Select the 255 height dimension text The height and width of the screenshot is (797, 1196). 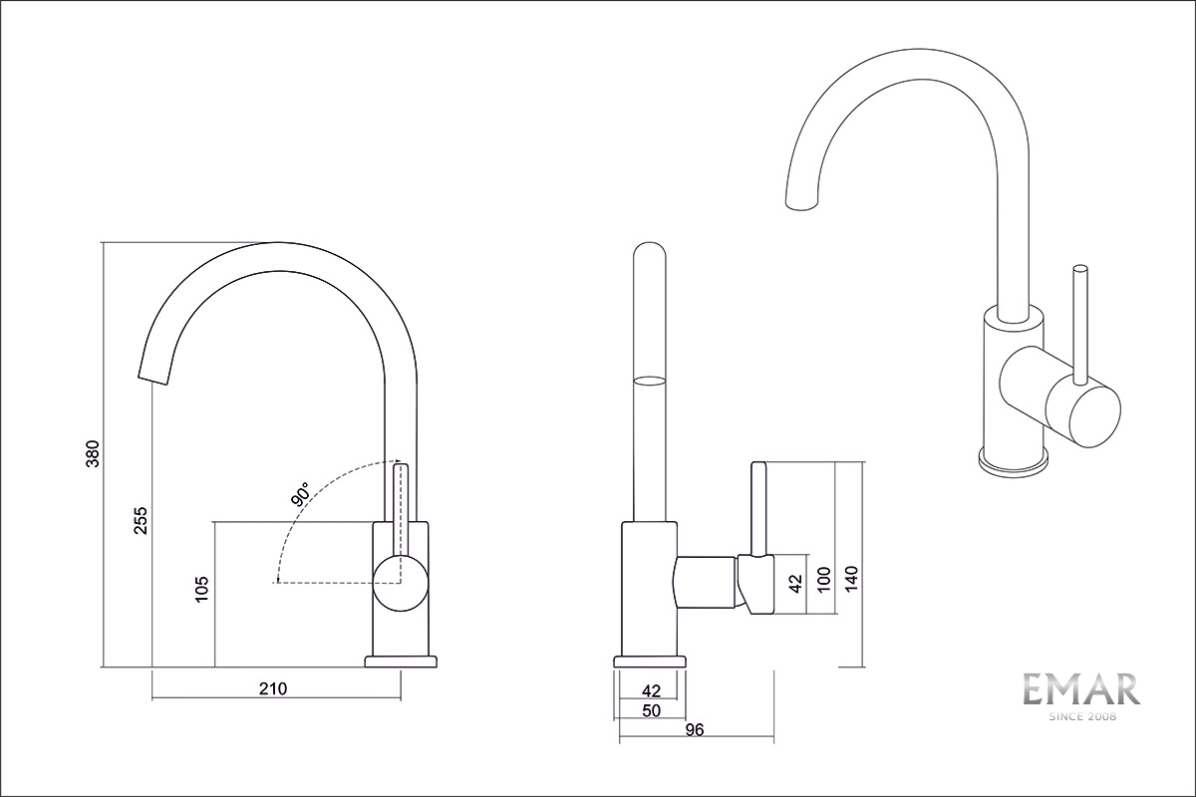pyautogui.click(x=141, y=521)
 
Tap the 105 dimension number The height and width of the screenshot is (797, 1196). pyautogui.click(x=202, y=589)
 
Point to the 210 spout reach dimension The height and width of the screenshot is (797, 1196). pyautogui.click(x=272, y=688)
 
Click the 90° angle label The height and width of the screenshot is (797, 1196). pyautogui.click(x=300, y=494)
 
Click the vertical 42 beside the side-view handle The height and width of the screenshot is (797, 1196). pyautogui.click(x=794, y=583)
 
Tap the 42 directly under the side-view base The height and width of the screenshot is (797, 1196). pyautogui.click(x=652, y=690)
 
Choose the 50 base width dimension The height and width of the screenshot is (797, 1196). pyautogui.click(x=652, y=710)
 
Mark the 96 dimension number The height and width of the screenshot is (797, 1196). pyautogui.click(x=695, y=730)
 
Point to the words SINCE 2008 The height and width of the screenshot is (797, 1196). pyautogui.click(x=1081, y=716)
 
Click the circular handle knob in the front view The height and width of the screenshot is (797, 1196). pyautogui.click(x=400, y=581)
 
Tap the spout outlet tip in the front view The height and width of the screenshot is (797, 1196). pyautogui.click(x=151, y=376)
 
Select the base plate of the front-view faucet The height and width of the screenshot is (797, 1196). pyautogui.click(x=401, y=662)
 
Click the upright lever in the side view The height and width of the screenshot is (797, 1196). pyautogui.click(x=757, y=508)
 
